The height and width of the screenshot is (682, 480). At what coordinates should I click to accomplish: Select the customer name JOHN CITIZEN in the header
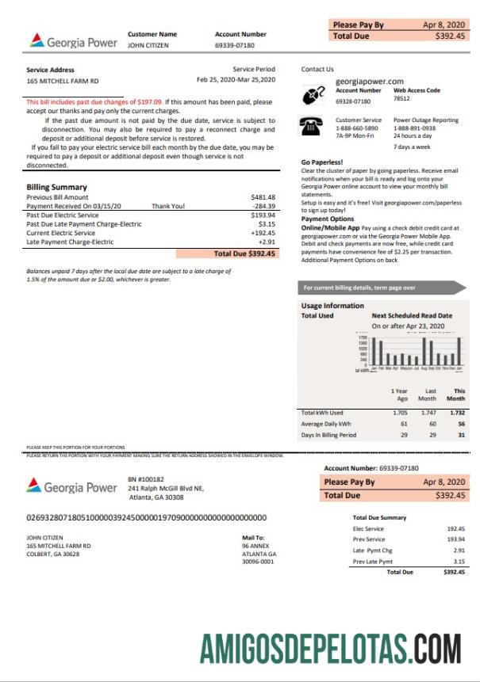coord(147,46)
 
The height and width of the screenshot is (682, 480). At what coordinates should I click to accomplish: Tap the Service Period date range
coord(236,80)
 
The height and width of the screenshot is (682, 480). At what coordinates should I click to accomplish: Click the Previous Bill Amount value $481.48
coord(263,196)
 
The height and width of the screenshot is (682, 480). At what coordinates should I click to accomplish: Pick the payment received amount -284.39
coord(263,206)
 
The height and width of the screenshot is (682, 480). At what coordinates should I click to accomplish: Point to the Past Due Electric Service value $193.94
coord(263,215)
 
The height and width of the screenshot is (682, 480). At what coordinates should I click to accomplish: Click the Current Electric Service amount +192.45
coord(261,233)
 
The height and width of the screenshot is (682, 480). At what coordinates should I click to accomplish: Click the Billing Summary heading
coord(57,187)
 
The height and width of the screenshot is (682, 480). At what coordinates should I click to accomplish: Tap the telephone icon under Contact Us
coord(310,125)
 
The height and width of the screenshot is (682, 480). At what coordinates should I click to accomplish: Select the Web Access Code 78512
coord(401,100)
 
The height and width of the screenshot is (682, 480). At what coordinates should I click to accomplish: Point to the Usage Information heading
coord(332,306)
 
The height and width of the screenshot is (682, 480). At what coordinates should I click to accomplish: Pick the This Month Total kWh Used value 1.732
coord(456,413)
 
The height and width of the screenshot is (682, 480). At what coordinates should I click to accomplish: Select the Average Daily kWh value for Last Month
coord(429,424)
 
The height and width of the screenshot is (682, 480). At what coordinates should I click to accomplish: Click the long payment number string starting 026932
coord(147,517)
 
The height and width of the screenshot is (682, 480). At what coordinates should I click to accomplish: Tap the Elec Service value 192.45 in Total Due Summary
coord(455,528)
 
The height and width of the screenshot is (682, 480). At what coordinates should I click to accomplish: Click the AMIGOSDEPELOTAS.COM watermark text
coord(331,647)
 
